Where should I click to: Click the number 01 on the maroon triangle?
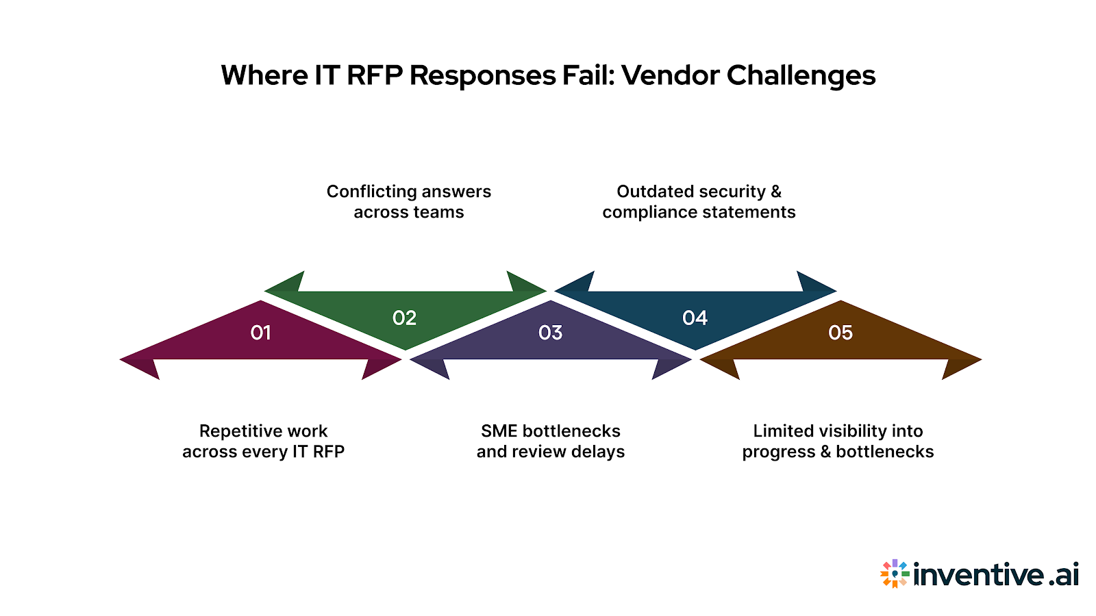coord(260,333)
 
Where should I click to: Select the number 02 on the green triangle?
coord(404,318)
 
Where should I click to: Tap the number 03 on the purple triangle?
coord(550,333)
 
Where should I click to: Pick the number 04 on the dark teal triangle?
coord(695,318)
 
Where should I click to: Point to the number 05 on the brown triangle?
coord(840,333)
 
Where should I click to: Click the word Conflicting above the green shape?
coord(366,192)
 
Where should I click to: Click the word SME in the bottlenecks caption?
coord(499,431)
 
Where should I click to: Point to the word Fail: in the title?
coord(589,75)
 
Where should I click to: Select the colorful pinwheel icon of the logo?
coord(895,574)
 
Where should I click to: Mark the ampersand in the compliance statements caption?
coord(775,192)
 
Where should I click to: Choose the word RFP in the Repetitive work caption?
coord(329,452)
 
